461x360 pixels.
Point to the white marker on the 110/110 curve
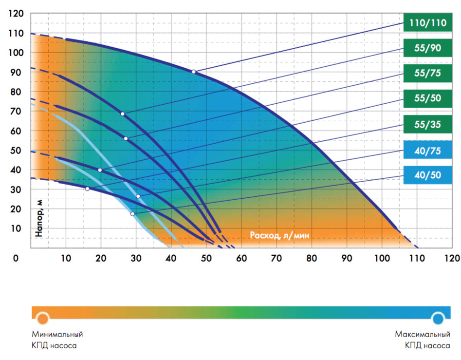click(x=193, y=72)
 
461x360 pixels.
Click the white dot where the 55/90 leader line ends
click(x=123, y=114)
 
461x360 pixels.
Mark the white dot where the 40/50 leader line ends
click(x=132, y=214)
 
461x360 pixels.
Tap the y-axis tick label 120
click(x=16, y=14)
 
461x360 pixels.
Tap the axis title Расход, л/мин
click(x=280, y=235)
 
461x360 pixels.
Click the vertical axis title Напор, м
click(x=39, y=217)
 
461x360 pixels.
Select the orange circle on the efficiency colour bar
click(x=43, y=319)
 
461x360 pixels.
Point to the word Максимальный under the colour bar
click(x=422, y=335)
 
